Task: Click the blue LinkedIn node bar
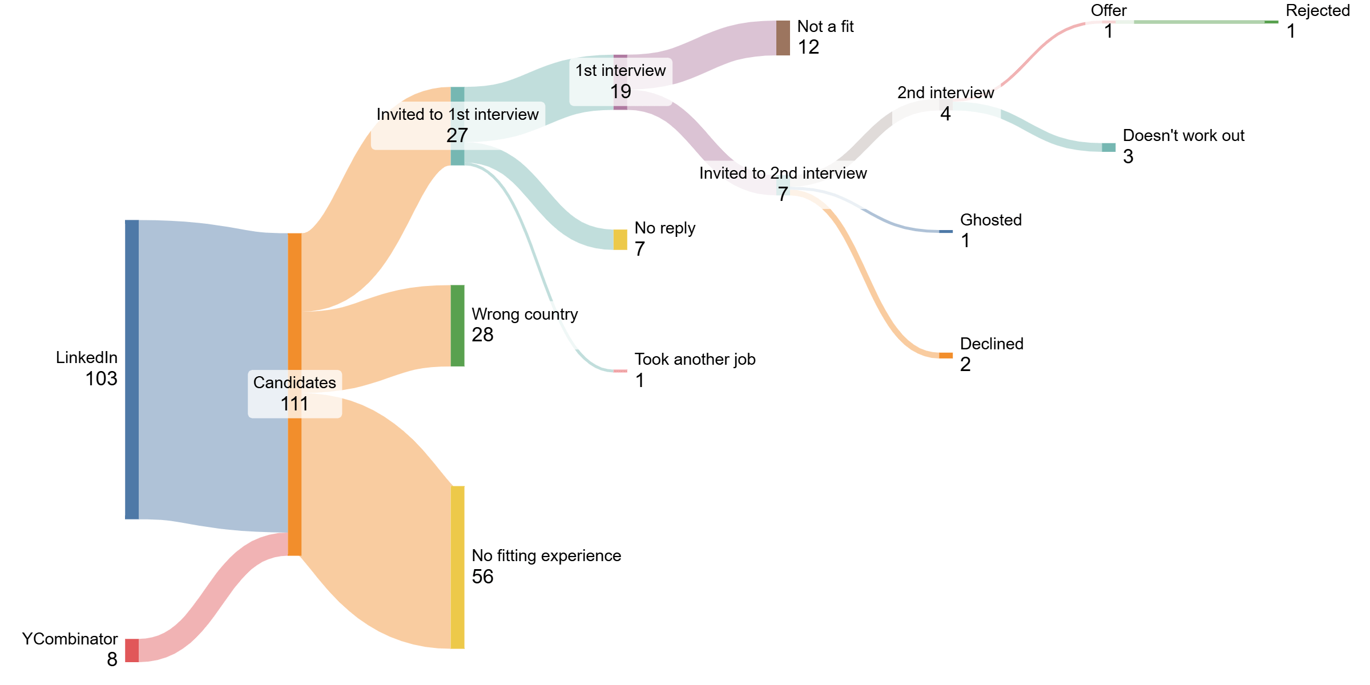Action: pyautogui.click(x=132, y=369)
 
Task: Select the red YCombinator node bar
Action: pyautogui.click(x=132, y=650)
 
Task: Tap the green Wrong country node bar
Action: pyautogui.click(x=457, y=325)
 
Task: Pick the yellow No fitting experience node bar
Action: pyautogui.click(x=457, y=567)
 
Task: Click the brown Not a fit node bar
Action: pyautogui.click(x=783, y=38)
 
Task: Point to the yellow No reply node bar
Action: pyautogui.click(x=620, y=239)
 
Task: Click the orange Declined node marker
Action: pyautogui.click(x=946, y=355)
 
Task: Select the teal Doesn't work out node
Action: pyautogui.click(x=1109, y=147)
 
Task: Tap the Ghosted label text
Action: pyautogui.click(x=990, y=220)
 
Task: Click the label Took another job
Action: pyautogui.click(x=695, y=359)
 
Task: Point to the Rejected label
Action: pyautogui.click(x=1317, y=10)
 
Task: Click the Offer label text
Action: pyautogui.click(x=1109, y=10)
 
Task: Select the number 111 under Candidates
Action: pyautogui.click(x=295, y=404)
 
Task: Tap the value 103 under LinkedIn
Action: pyautogui.click(x=101, y=378)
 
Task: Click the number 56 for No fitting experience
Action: pyautogui.click(x=482, y=577)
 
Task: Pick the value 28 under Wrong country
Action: pyautogui.click(x=482, y=335)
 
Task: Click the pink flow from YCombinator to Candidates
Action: pyautogui.click(x=211, y=594)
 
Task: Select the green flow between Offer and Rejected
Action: pyautogui.click(x=1199, y=22)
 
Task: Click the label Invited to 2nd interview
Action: pyautogui.click(x=783, y=173)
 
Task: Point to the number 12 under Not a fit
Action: pyautogui.click(x=808, y=47)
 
